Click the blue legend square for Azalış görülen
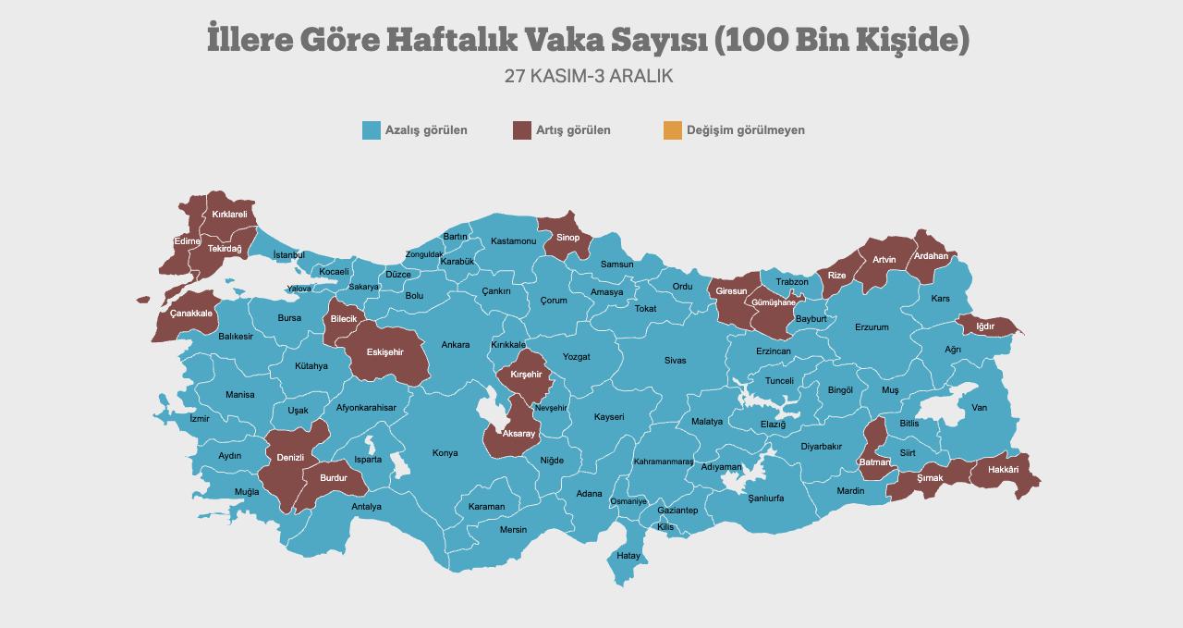click(x=372, y=130)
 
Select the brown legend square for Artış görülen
click(x=522, y=130)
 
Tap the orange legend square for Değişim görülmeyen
click(x=672, y=130)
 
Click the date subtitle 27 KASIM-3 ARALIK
click(x=589, y=76)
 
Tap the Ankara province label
click(x=455, y=345)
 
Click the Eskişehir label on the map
click(x=385, y=352)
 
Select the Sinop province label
click(x=567, y=238)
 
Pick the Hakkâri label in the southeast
click(x=1003, y=470)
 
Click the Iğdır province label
click(x=985, y=326)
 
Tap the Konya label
click(x=445, y=453)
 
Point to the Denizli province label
click(x=291, y=458)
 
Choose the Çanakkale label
click(x=190, y=314)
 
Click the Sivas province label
click(x=675, y=360)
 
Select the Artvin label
click(x=884, y=260)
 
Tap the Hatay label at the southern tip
click(x=628, y=556)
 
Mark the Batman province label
click(x=874, y=462)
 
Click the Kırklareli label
click(x=229, y=215)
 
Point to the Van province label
click(x=979, y=408)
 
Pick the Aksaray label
click(x=518, y=434)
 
